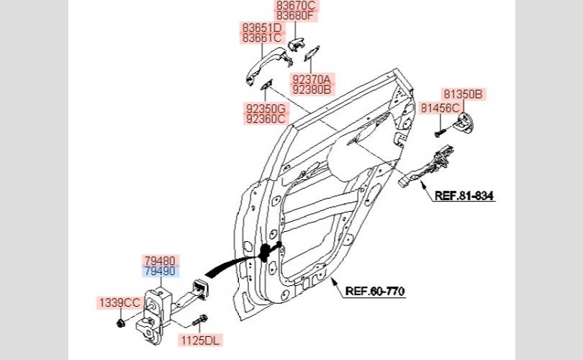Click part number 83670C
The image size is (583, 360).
pos(296,6)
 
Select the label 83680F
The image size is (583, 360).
pos(296,16)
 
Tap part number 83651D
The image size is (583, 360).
pos(262,28)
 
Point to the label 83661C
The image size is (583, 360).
pos(262,38)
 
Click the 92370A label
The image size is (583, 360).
pos(312,80)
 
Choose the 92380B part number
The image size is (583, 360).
pos(312,89)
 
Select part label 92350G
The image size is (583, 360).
pos(266,109)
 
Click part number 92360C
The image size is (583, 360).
pos(266,119)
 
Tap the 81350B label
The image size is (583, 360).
pos(464,94)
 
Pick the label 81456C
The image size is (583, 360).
pos(440,108)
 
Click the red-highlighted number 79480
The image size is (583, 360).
pos(161,261)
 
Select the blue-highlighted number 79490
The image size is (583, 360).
pos(161,271)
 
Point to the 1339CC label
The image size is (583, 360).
pos(119,302)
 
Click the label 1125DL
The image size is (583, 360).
pos(200,340)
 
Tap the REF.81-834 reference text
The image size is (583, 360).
pos(464,196)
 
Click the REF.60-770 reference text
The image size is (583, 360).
pos(375,291)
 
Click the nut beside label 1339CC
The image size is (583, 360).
pos(120,323)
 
